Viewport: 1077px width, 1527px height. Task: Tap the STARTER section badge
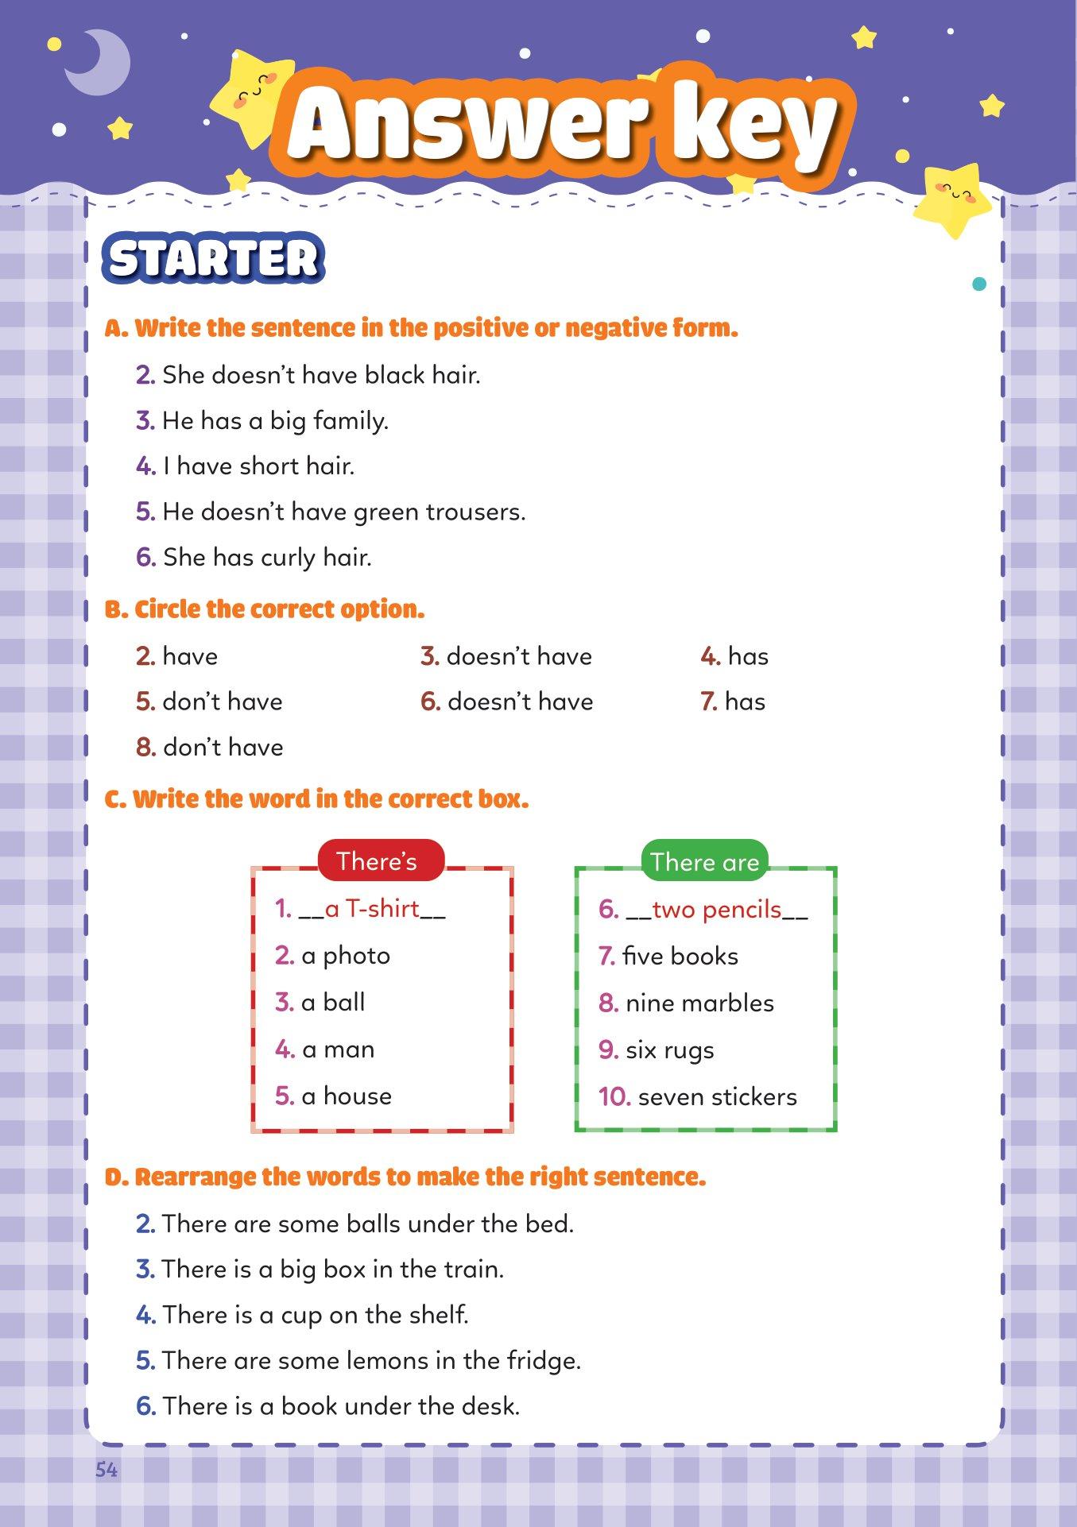(213, 258)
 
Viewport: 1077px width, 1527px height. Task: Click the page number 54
(107, 1470)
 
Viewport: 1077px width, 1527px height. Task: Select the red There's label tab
(377, 861)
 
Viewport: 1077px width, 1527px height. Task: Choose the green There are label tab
(704, 862)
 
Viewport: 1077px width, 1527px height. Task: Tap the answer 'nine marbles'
(699, 1003)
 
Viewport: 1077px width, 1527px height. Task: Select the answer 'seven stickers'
(717, 1097)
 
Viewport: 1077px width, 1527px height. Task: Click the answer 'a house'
(347, 1096)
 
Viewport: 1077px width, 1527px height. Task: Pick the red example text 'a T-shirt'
(372, 909)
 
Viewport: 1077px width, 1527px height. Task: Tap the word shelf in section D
(438, 1315)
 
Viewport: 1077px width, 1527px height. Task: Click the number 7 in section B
(708, 702)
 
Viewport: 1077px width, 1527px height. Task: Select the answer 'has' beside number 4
(748, 657)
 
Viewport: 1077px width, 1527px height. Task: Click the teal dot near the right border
(979, 284)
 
